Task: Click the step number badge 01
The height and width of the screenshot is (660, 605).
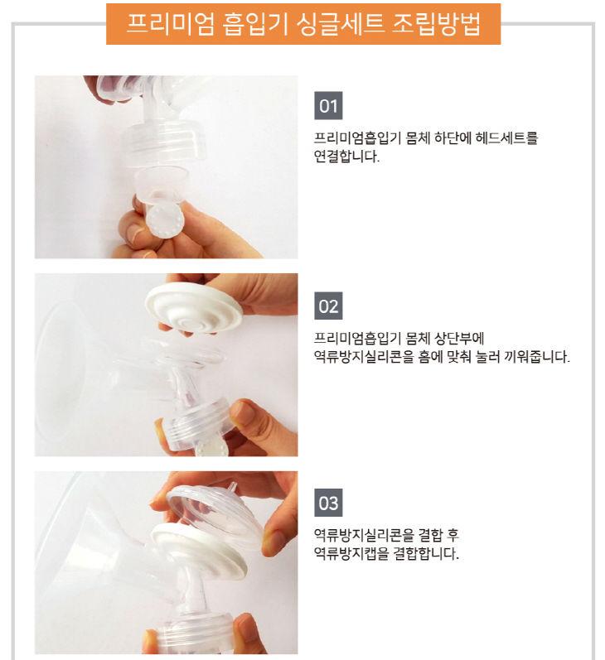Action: [x=329, y=107]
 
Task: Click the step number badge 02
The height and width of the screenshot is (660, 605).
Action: [x=329, y=306]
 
